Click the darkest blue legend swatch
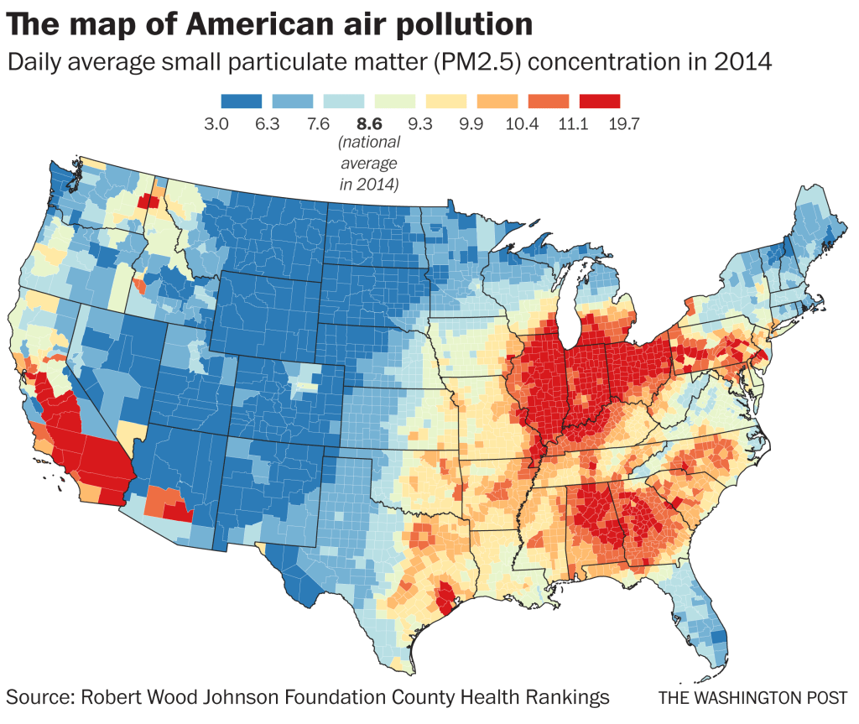242,101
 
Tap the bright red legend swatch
599,101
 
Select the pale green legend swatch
395,101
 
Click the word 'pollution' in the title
469,24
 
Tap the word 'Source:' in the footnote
40,696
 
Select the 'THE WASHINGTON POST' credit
752,697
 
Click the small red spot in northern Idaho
148,201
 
